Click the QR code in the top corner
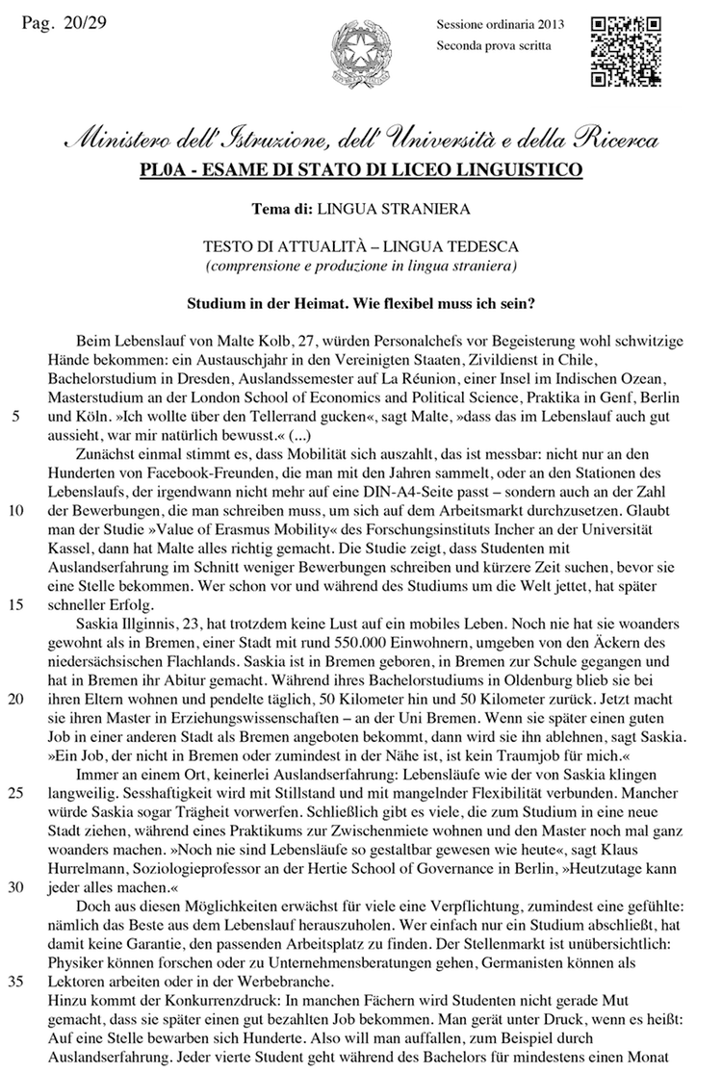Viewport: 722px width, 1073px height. [625, 51]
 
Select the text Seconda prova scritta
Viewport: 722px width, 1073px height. [494, 45]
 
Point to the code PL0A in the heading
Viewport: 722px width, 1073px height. [163, 172]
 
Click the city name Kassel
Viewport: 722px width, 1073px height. [67, 553]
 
